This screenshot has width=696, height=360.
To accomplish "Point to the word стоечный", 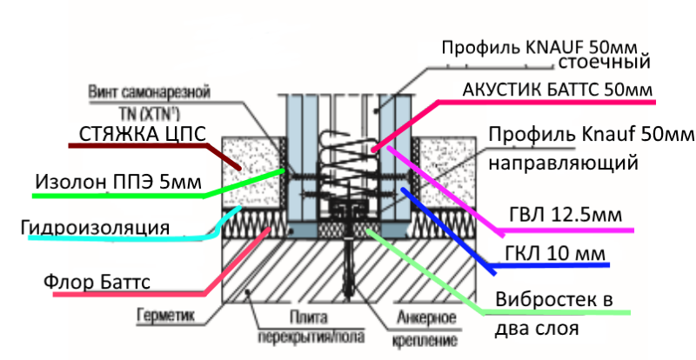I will pos(604,63).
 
